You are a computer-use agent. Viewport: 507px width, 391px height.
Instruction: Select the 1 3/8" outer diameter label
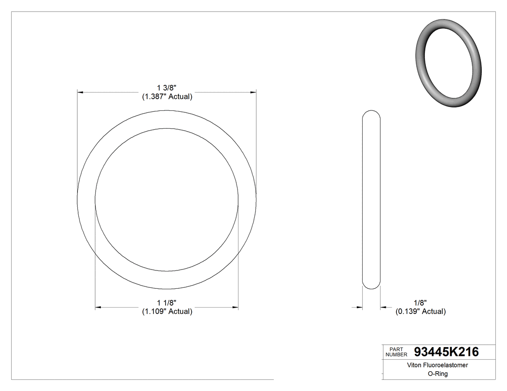(167, 88)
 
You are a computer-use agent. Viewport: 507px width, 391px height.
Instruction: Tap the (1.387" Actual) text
(167, 97)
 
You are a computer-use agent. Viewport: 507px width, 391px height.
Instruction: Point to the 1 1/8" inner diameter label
(167, 302)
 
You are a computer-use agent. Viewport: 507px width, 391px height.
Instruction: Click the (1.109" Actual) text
(167, 311)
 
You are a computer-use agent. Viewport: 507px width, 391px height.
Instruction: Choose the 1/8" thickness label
(420, 302)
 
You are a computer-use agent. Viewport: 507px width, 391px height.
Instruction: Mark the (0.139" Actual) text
(420, 311)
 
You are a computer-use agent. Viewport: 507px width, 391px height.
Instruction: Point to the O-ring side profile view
(371, 200)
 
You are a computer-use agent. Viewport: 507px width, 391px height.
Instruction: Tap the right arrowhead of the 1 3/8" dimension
(253, 92)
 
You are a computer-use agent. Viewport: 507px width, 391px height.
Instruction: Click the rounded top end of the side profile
(371, 114)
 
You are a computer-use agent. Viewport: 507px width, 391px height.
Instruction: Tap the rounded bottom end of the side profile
(371, 285)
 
